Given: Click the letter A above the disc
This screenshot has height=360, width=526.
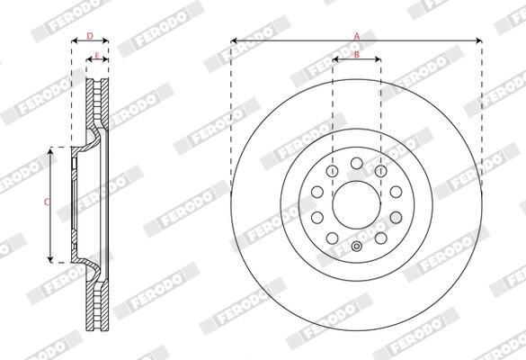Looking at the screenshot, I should coord(357,35).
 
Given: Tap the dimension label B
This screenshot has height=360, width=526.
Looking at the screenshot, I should coord(357,55).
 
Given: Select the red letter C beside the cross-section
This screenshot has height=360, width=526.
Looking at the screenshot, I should coord(46,202).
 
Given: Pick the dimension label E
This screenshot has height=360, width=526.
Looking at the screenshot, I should coord(97,55).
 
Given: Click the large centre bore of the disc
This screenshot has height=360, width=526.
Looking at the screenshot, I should coord(357,204).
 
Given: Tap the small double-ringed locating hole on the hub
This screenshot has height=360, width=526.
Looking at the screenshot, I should coord(357,247).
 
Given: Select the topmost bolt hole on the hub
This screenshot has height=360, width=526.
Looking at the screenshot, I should coord(357,162).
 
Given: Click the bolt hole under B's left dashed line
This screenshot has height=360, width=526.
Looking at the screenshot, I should coord(333,171).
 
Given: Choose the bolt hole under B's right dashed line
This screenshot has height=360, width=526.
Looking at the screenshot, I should coord(381,171).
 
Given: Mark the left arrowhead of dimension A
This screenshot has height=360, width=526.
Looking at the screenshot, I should coord(234,40).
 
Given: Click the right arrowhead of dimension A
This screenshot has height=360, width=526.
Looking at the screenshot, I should coord(480,40).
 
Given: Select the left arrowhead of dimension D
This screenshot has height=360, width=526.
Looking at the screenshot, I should coord(74,40).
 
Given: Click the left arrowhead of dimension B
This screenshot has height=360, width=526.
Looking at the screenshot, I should coord(335,60).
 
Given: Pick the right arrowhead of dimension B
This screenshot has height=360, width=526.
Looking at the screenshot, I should coord(379,60).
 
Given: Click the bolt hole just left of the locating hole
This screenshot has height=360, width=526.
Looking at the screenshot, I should coord(332,238).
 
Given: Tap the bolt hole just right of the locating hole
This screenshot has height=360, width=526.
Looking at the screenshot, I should coord(382,238).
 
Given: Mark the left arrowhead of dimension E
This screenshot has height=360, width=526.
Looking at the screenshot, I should coord(89,60).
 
